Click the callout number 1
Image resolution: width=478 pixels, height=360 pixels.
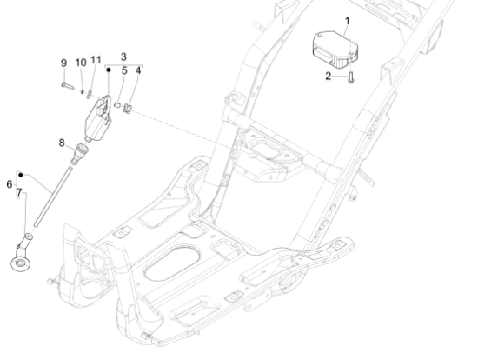tap(347, 22)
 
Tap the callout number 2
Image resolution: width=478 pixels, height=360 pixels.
tap(328, 76)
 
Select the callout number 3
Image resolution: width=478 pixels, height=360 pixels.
tap(123, 57)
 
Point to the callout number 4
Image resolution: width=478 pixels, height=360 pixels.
tap(138, 70)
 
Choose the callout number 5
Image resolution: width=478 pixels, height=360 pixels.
tap(124, 70)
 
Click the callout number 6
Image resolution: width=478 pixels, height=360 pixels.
tap(10, 184)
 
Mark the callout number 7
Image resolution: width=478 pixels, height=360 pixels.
tap(19, 193)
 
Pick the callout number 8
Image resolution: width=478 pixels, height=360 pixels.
tap(62, 143)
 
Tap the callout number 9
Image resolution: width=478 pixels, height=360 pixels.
tap(63, 63)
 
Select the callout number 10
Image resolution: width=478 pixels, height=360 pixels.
tap(81, 63)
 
